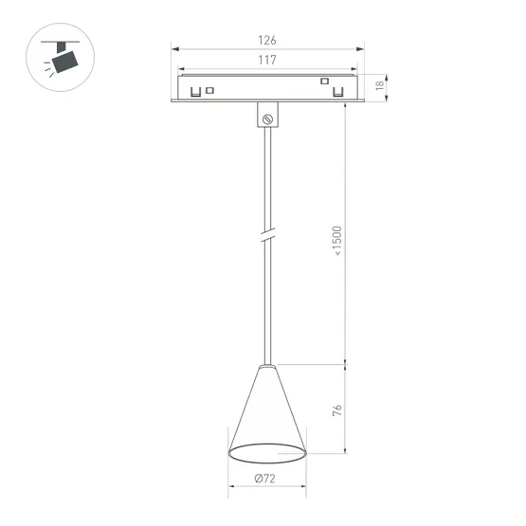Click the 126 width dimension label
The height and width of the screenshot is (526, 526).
click(266, 41)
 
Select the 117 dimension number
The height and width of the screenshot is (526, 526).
click(266, 61)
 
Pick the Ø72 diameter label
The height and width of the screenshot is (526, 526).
click(266, 480)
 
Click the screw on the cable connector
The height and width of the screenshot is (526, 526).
click(267, 118)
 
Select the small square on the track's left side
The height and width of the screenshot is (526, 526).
click(209, 90)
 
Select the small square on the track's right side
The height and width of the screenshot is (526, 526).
click(323, 82)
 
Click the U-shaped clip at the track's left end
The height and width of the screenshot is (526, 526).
click(195, 92)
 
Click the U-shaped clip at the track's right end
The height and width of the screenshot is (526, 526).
click(337, 92)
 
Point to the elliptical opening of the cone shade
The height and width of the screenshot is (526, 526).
click(267, 451)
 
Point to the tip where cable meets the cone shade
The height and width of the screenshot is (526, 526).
click(267, 365)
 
